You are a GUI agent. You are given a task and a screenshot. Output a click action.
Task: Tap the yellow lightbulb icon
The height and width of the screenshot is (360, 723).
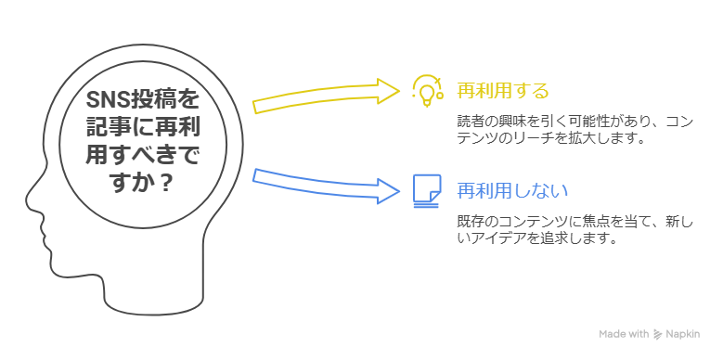pos(426,90)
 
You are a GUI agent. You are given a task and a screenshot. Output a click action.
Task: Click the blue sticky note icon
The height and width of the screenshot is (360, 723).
pos(426,190)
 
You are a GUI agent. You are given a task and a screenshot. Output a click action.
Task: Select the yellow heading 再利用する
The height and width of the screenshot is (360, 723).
pos(503,90)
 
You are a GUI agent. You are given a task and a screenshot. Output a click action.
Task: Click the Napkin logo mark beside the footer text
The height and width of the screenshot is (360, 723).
pos(657,334)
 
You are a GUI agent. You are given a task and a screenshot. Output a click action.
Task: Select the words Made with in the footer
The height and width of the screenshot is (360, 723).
pos(624,334)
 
